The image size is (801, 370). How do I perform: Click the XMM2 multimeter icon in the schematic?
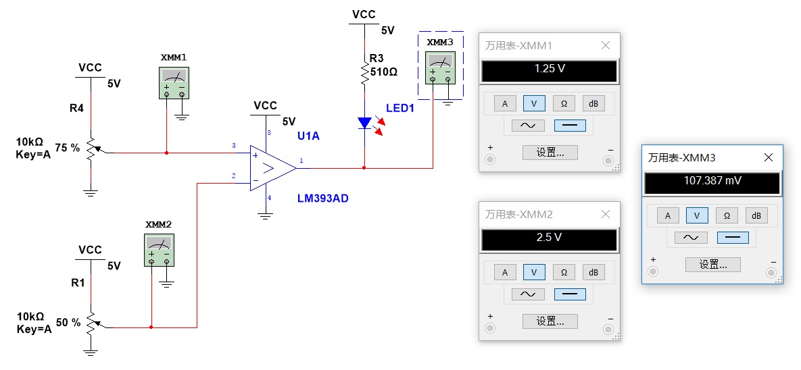(x=159, y=250)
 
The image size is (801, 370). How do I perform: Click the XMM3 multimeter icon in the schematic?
(x=440, y=68)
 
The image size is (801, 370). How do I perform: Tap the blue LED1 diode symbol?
(x=364, y=123)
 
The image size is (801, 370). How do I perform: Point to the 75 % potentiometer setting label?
(x=67, y=147)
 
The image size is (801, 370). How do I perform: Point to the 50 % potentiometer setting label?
(x=68, y=322)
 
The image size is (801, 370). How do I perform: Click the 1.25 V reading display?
(x=549, y=69)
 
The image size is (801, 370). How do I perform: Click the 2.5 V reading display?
(x=549, y=238)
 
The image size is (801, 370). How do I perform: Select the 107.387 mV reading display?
(x=712, y=181)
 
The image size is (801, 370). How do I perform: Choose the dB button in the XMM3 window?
(x=756, y=215)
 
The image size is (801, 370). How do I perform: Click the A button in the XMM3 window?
(x=667, y=215)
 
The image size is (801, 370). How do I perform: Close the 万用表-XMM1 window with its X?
(x=606, y=46)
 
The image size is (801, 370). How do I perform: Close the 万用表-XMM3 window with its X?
(x=769, y=157)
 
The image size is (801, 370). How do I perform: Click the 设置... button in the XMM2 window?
(x=550, y=321)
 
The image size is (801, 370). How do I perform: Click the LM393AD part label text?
(x=323, y=199)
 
